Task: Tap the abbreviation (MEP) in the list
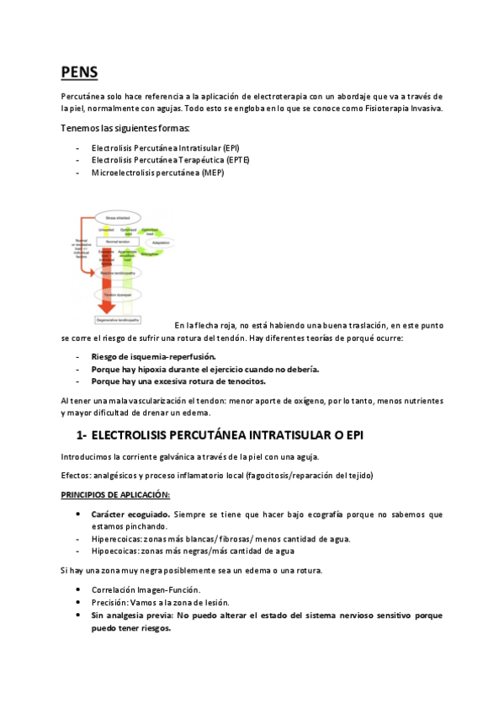coord(212,173)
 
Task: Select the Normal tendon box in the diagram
coord(116,241)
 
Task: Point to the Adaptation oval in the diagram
coord(165,241)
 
